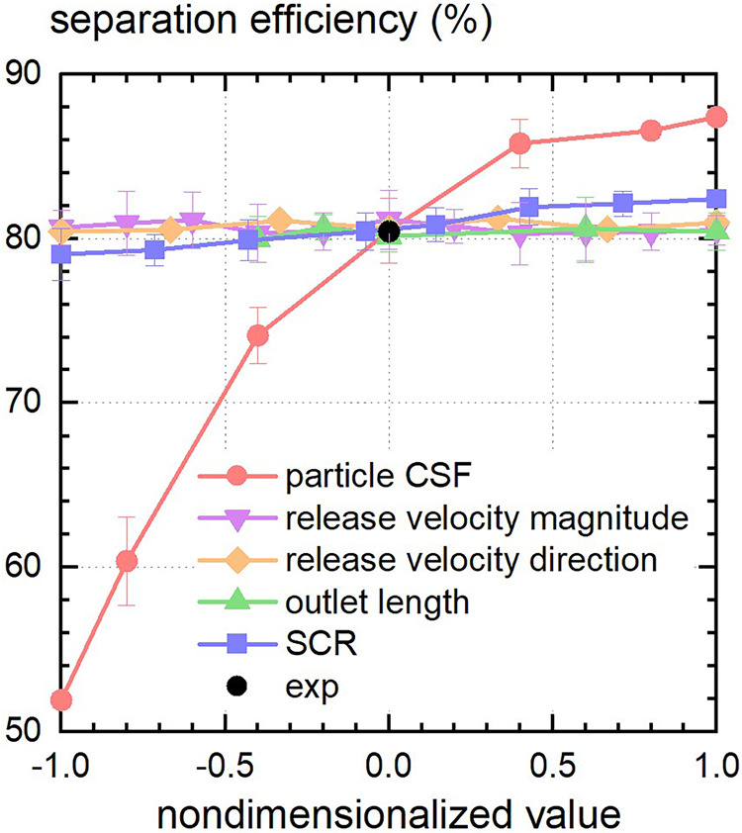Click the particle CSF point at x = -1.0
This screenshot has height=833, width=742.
[61, 700]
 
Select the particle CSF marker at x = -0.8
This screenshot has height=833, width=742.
[127, 561]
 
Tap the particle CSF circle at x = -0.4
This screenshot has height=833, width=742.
[258, 335]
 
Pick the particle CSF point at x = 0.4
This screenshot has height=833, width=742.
[519, 143]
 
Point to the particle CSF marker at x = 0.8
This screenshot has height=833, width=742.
[651, 131]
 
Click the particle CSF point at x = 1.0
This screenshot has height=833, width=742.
[715, 117]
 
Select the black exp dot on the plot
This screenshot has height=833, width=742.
[389, 231]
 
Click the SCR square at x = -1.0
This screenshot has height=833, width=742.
[61, 254]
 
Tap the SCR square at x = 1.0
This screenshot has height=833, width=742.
[715, 199]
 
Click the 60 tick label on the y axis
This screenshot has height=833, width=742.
[25, 567]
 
